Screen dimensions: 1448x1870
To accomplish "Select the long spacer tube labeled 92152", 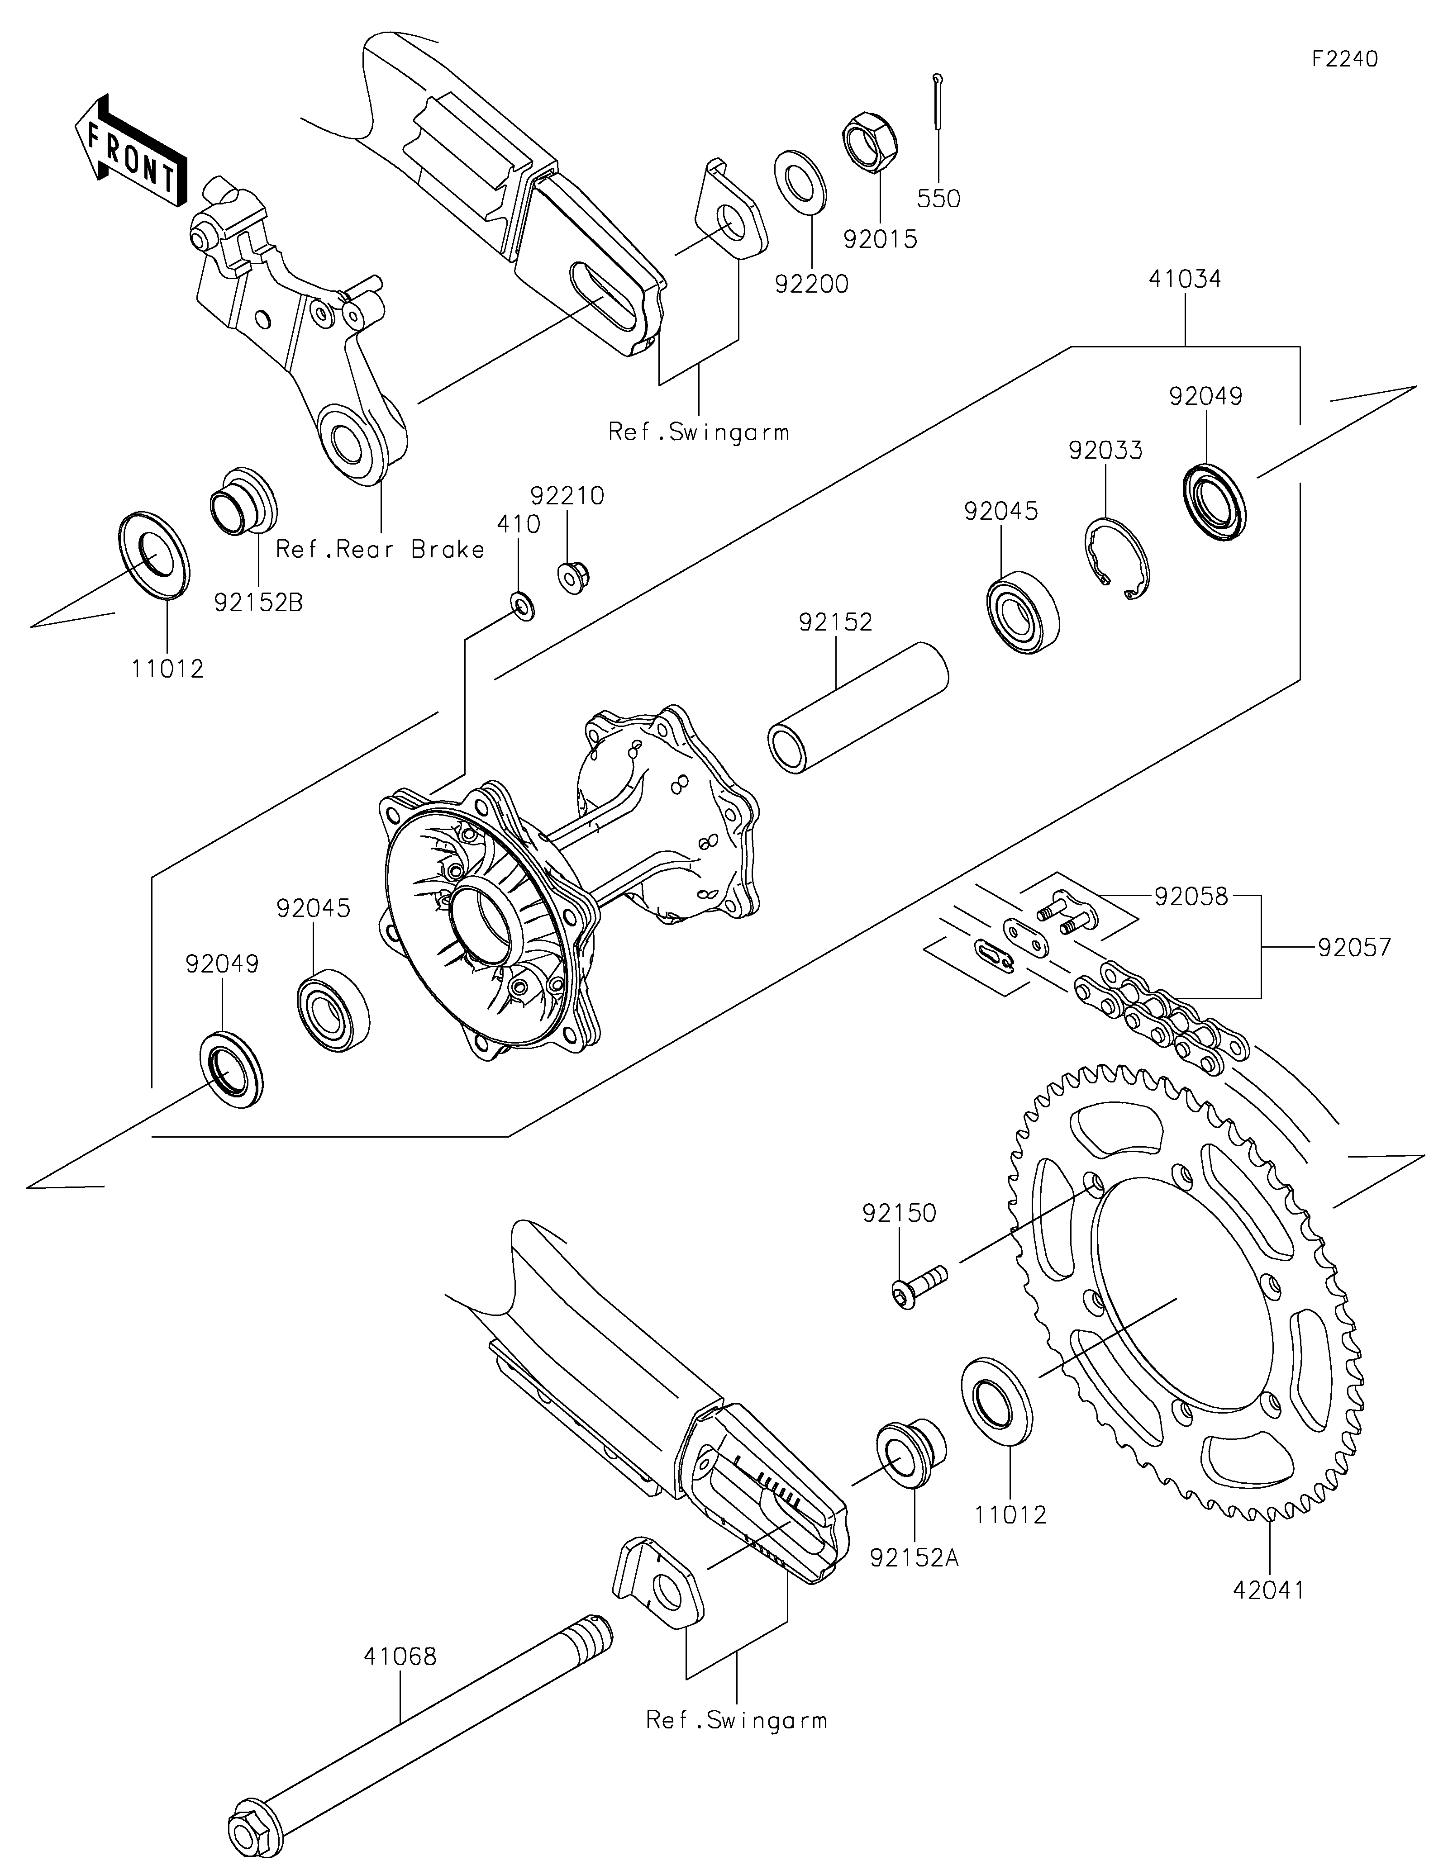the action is [x=857, y=707].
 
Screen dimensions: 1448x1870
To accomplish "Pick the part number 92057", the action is [x=1355, y=948].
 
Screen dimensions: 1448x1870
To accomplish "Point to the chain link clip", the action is [x=996, y=955].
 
